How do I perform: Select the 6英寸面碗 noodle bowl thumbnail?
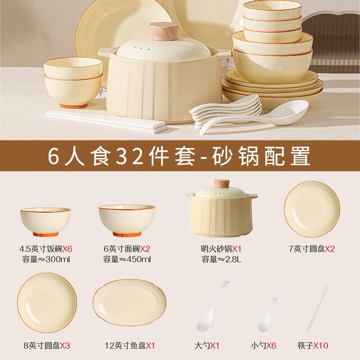(126, 220)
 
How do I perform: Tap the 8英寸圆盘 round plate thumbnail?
(47, 302)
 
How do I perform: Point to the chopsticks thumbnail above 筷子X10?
(318, 308)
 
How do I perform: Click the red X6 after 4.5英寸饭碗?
(67, 248)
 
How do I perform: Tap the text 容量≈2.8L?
(220, 259)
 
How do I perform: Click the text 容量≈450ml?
(126, 259)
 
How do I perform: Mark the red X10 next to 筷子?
(321, 346)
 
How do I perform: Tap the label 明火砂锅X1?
(220, 248)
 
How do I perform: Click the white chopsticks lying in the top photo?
(103, 121)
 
